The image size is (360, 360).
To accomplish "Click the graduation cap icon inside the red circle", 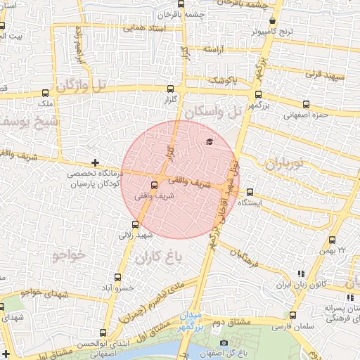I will tap(209, 142).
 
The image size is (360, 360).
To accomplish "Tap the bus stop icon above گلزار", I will tap(171, 89).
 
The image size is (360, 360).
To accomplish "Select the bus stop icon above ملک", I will tap(46, 92).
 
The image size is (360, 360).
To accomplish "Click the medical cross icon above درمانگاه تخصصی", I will tap(95, 162).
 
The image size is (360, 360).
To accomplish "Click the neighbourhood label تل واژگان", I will tap(84, 86).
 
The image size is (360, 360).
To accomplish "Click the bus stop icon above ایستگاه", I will tap(250, 191).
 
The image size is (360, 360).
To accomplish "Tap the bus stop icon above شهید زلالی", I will tap(135, 224).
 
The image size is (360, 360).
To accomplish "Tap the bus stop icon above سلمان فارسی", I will tap(293, 315).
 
